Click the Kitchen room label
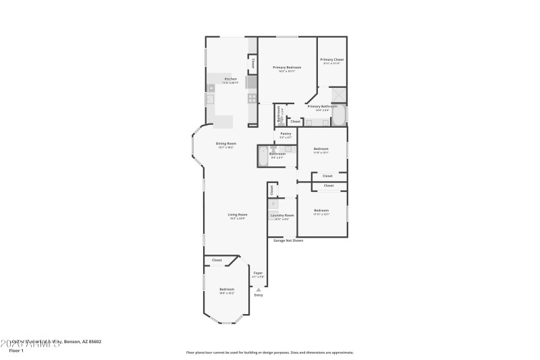coord(231,79)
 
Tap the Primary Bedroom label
coord(287,68)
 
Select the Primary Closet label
coord(331,60)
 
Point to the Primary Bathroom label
coord(322,106)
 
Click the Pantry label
coord(286,134)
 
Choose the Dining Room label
coord(225,143)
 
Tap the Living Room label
coord(237,215)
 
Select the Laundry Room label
coord(282,215)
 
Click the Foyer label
coord(258,273)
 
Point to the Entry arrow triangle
coord(258,289)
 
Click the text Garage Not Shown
coord(288,240)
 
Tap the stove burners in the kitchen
coord(251,98)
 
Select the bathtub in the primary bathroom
coord(339,115)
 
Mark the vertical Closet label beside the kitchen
coord(253,63)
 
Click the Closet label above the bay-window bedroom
coord(217,260)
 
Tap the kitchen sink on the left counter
coord(210,99)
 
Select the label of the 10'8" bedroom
coord(226,290)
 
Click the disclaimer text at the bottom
coord(269,352)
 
